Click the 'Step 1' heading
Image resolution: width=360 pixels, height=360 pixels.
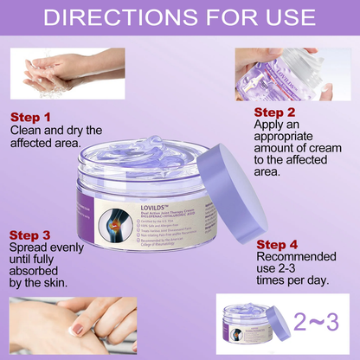(x=31, y=116)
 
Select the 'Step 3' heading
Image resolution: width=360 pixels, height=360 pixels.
(x=32, y=235)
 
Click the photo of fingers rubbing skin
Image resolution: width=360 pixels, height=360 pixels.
(x=65, y=326)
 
